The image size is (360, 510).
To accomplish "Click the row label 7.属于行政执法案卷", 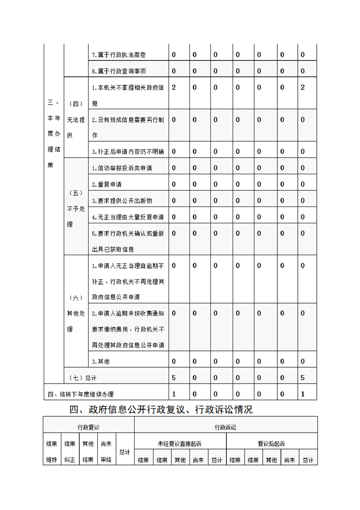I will click(x=119, y=55).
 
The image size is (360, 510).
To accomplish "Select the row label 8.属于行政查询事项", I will click(x=119, y=71).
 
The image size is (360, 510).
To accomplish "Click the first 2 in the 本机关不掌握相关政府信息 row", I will click(x=174, y=87).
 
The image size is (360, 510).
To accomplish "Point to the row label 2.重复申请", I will click(x=106, y=185).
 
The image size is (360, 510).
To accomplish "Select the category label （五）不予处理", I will click(x=75, y=209).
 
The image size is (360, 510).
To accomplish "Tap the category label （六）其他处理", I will click(x=75, y=313).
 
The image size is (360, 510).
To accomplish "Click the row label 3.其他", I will click(x=100, y=361).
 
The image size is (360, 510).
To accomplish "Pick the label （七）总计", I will click(x=82, y=378).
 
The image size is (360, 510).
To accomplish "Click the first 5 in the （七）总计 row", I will click(x=174, y=378).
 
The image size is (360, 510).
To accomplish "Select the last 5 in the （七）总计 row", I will click(x=303, y=378).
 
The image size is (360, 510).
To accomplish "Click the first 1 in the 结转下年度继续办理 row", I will click(x=174, y=394).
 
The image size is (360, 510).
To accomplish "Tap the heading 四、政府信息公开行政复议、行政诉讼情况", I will click(x=161, y=410).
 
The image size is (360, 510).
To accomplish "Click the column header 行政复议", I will click(x=89, y=427).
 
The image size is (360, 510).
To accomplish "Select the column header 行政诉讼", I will click(x=225, y=427).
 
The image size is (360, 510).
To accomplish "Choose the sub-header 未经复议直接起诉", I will click(x=180, y=444).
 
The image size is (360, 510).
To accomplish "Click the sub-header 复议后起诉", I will click(x=271, y=444).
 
